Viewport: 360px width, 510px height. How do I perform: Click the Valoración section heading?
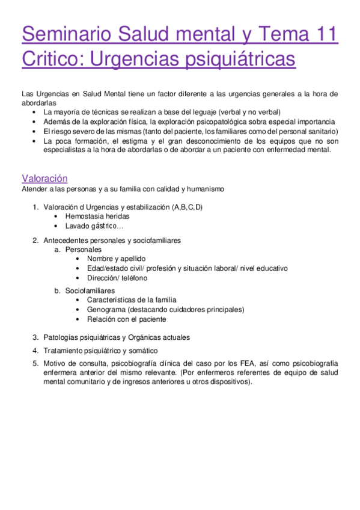44,178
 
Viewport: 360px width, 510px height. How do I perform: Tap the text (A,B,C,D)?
187,207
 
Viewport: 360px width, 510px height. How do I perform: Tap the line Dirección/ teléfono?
117,278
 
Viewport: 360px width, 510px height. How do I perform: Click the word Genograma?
105,310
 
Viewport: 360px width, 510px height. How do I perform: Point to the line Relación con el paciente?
126,319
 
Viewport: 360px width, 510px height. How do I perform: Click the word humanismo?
206,189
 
